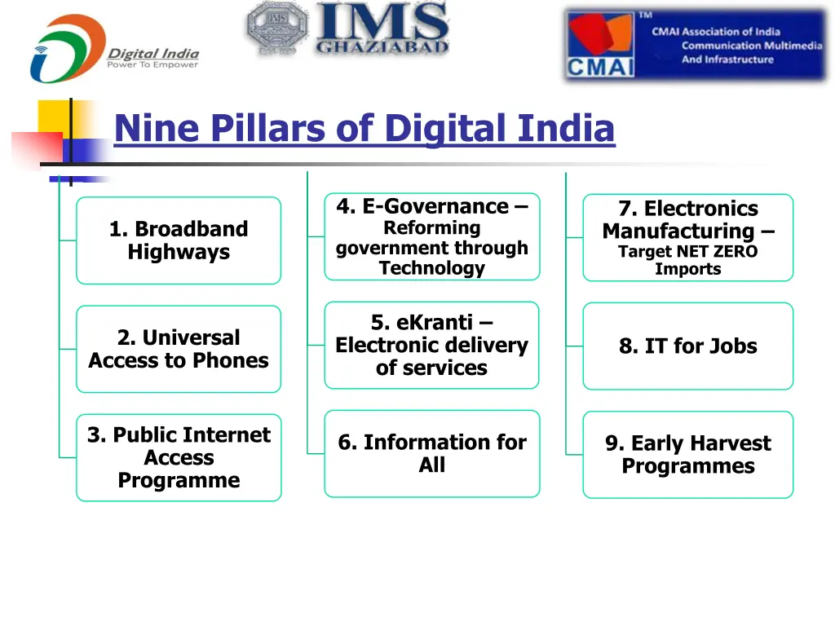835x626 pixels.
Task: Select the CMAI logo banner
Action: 695,46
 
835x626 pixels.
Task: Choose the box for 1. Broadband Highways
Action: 179,240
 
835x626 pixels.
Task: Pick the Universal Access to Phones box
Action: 179,349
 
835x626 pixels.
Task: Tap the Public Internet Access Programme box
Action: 179,457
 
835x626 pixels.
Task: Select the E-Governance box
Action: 431,236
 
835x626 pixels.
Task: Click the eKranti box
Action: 431,345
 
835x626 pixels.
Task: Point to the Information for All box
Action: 431,453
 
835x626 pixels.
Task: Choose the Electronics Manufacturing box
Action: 687,237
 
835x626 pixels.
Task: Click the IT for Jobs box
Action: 687,346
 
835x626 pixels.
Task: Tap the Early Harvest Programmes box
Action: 687,454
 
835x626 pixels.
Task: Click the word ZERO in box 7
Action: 733,252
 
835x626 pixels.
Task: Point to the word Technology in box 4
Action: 431,268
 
